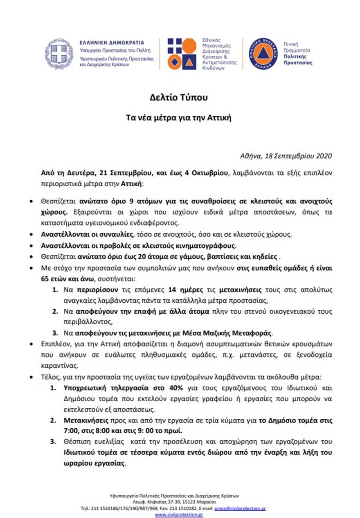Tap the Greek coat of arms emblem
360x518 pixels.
[59, 54]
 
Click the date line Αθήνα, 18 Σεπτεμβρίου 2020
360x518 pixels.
[286, 156]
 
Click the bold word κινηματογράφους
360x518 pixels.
[207, 246]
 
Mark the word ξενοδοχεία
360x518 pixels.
[315, 354]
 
